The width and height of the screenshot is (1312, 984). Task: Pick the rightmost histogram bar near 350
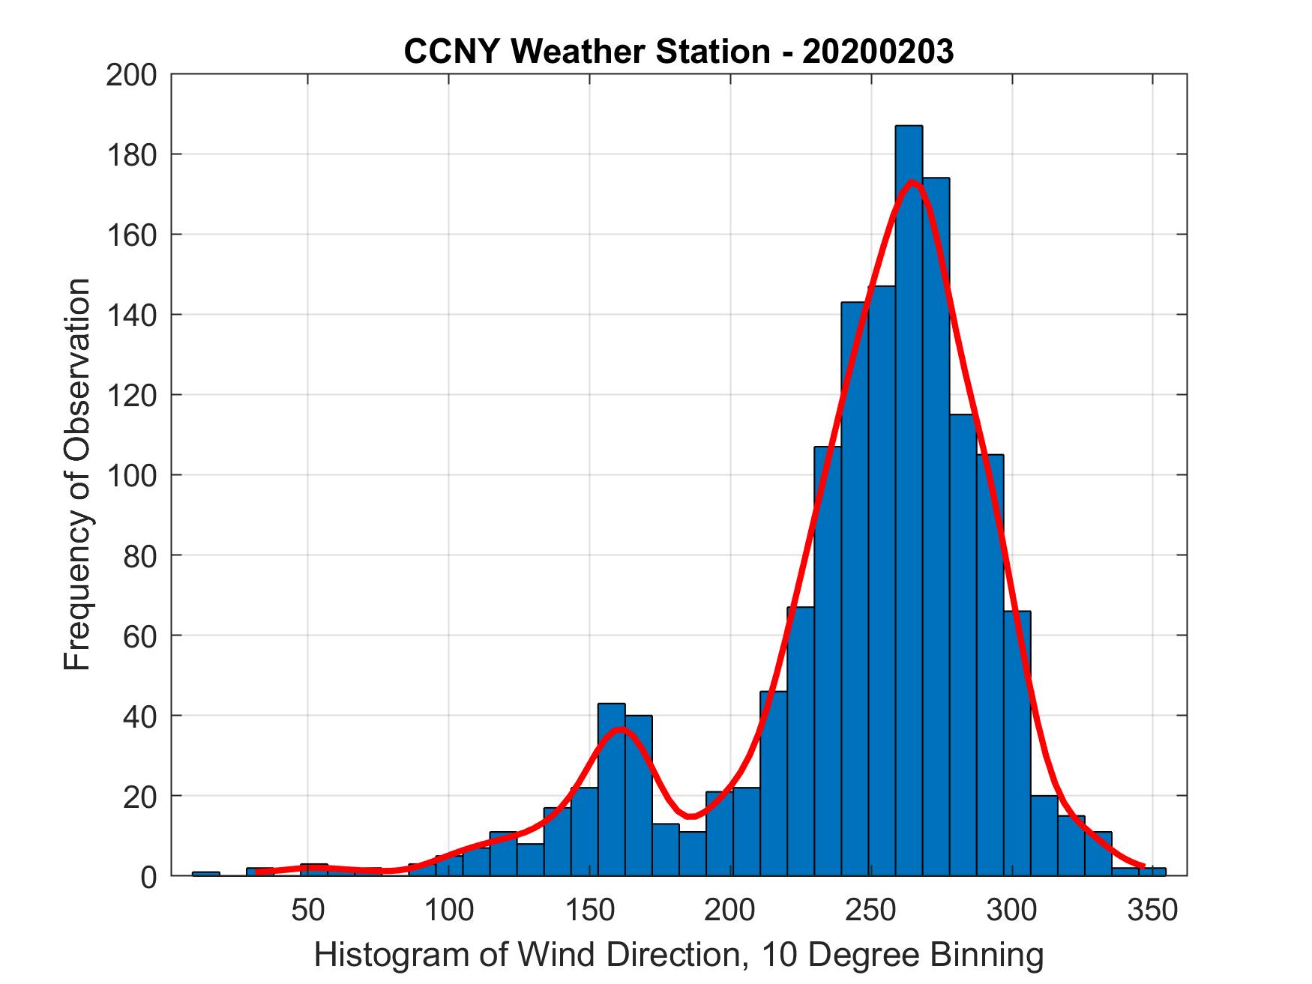pos(1152,872)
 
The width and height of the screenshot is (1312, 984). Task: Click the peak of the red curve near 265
pos(912,182)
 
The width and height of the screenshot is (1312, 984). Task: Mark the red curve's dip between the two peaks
pos(690,815)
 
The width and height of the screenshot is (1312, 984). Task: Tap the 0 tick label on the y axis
pos(147,877)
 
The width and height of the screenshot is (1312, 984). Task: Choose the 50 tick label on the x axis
pos(307,910)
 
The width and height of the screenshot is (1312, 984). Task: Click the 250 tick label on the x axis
pos(871,910)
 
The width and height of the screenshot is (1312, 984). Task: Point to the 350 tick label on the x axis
pos(1153,910)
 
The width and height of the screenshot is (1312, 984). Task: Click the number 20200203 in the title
pos(879,52)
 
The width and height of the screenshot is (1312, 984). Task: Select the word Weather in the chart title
pos(599,52)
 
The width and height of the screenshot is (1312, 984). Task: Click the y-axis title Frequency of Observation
pos(78,475)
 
